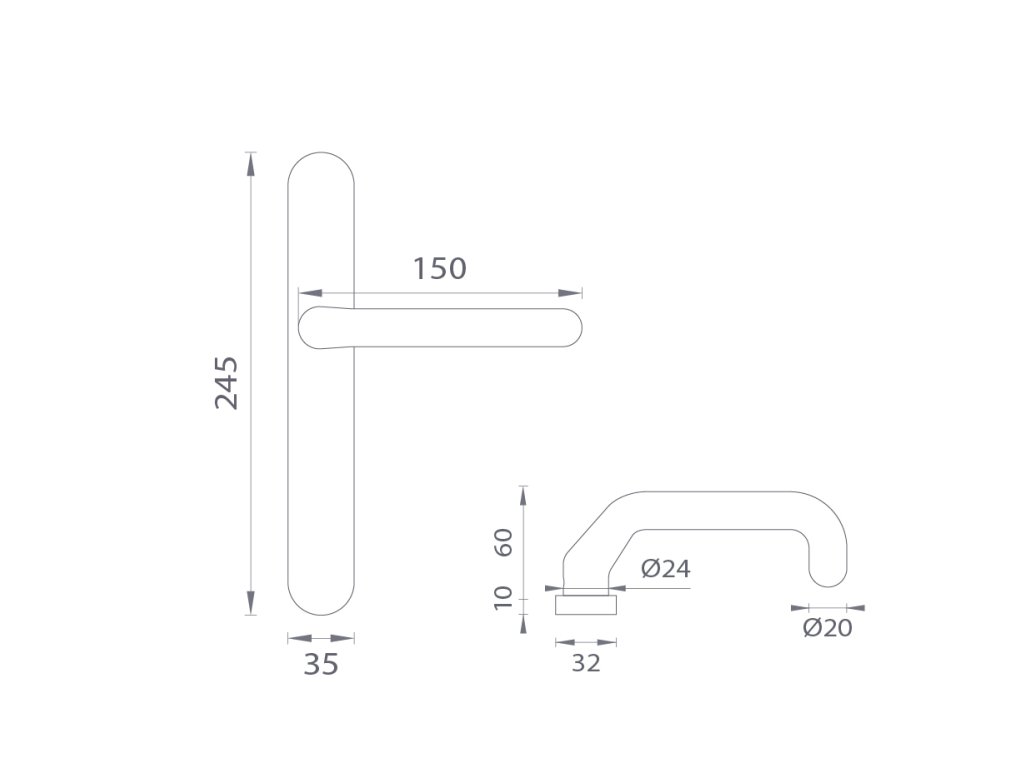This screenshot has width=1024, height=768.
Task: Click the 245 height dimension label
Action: click(227, 383)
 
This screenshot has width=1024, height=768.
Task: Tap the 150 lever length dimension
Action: click(440, 268)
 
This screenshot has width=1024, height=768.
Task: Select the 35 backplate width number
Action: click(321, 664)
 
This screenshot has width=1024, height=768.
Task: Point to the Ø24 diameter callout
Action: click(665, 569)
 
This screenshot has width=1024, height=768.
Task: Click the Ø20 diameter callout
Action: click(827, 628)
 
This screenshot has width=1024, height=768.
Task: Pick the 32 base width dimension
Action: click(586, 664)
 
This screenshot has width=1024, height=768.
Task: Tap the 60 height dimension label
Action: click(504, 542)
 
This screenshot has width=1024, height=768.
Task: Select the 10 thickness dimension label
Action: click(504, 598)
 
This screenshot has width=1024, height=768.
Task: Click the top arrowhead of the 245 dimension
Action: click(250, 163)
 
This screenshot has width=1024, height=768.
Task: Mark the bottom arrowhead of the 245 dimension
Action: click(250, 603)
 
